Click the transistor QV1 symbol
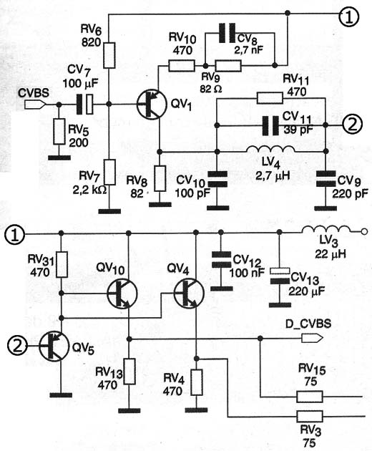[152, 104]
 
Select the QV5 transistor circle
[54, 346]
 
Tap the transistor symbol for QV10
[122, 294]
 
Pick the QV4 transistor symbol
[189, 294]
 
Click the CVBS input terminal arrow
[35, 105]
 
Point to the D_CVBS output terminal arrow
[312, 338]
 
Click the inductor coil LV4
[270, 149]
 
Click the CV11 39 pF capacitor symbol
[270, 125]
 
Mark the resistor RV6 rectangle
[109, 55]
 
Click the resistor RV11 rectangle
[270, 98]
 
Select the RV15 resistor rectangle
[310, 397]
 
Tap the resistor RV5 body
[59, 131]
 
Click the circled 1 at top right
[348, 16]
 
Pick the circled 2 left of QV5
[16, 346]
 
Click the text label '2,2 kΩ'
[89, 190]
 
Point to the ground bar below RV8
[160, 205]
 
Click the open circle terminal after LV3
[364, 231]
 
